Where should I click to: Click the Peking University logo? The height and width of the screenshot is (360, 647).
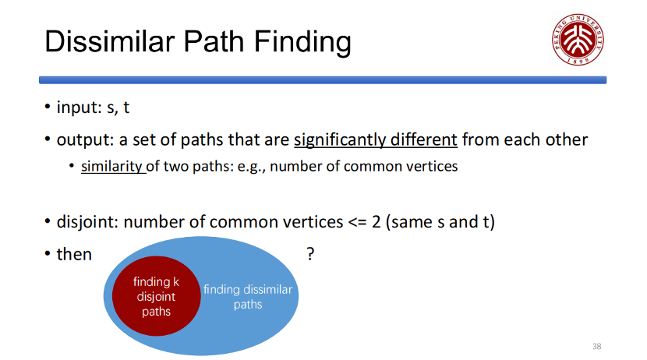(x=578, y=40)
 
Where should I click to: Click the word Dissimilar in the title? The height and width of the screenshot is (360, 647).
(x=110, y=41)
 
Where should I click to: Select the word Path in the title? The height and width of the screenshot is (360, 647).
(x=214, y=41)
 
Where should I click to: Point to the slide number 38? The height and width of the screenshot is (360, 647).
(x=596, y=347)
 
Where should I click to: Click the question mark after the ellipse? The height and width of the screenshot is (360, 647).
(x=310, y=253)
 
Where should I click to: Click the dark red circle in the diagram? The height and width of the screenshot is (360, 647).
(x=157, y=296)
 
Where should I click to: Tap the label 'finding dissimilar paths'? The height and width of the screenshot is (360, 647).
(x=248, y=297)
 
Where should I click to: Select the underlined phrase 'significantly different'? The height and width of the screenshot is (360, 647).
(x=376, y=139)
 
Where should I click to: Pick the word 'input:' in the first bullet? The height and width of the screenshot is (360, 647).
(x=80, y=108)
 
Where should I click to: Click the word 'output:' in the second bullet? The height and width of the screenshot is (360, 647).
(x=86, y=139)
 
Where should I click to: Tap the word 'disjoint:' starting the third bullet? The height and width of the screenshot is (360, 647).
(x=88, y=222)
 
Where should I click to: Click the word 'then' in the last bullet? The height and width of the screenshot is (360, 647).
(x=74, y=255)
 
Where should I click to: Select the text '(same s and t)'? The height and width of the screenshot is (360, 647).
(x=440, y=222)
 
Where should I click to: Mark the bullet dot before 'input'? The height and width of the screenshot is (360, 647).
(x=48, y=107)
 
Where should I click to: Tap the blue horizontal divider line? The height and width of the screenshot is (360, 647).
(x=323, y=80)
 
